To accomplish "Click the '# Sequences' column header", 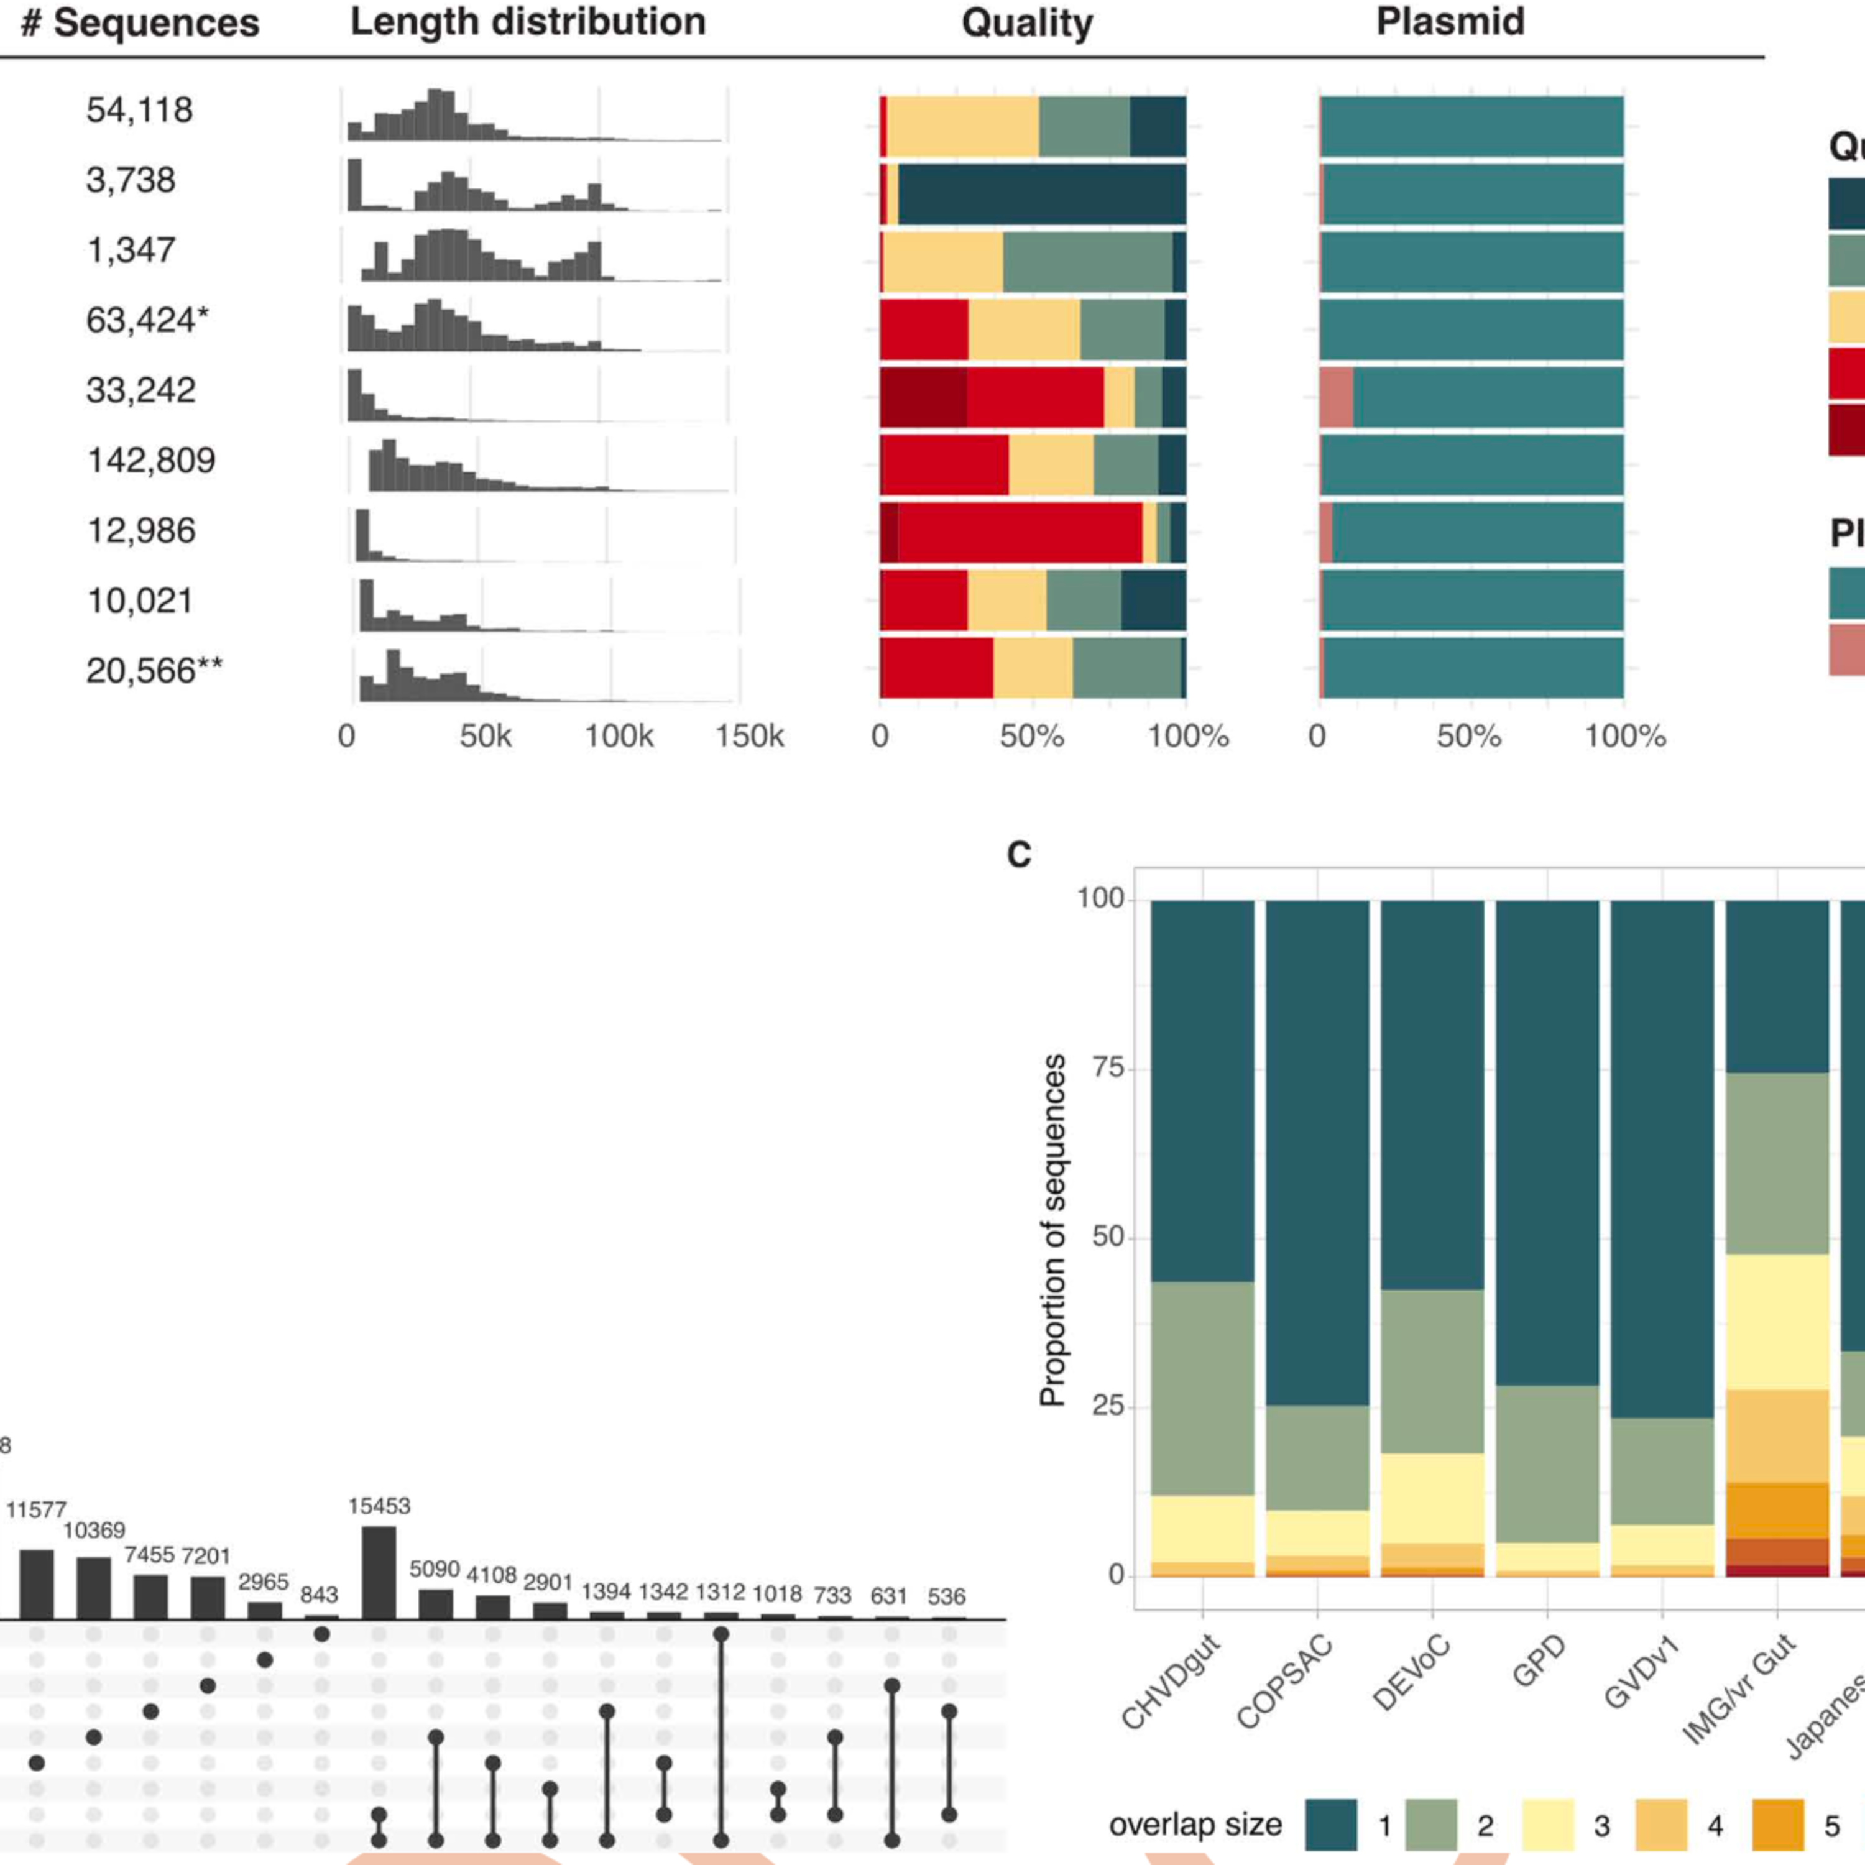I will (x=140, y=23).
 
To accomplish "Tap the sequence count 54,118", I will (x=139, y=110).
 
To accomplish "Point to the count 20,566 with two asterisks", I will (x=154, y=671).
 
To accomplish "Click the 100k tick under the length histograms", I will (x=619, y=737).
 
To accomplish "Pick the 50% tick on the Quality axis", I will (x=1031, y=737).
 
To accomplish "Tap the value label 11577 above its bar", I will (x=37, y=1510).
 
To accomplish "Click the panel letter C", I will (x=1018, y=854).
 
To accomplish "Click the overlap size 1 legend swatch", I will (x=1331, y=1825).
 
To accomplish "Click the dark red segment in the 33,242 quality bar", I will (x=923, y=397).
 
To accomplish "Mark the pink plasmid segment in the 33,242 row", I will (x=1336, y=397).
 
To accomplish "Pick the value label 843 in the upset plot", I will (x=318, y=1595).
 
